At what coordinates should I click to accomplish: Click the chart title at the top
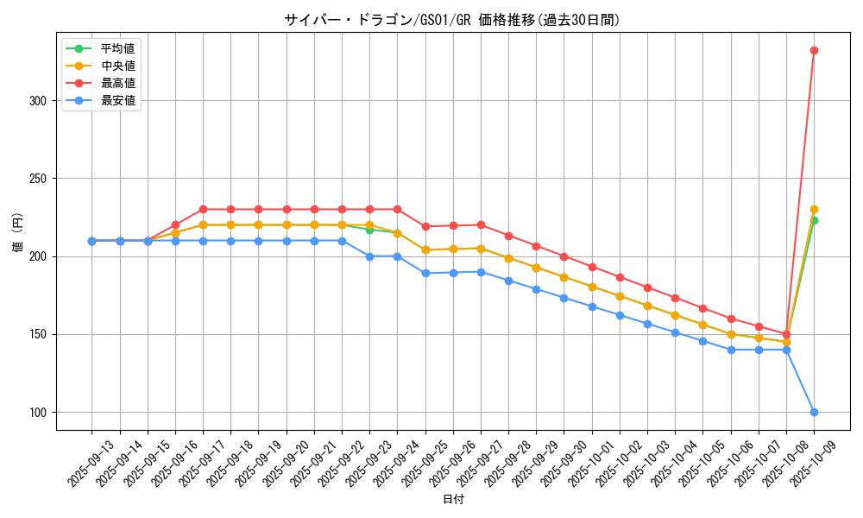pyautogui.click(x=452, y=20)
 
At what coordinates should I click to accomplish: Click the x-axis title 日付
pyautogui.click(x=453, y=500)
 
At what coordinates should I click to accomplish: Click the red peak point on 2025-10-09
pyautogui.click(x=814, y=50)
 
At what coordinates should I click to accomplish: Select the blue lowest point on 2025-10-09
pyautogui.click(x=814, y=412)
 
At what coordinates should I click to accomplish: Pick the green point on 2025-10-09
pyautogui.click(x=814, y=220)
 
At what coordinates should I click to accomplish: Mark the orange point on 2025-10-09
pyautogui.click(x=814, y=209)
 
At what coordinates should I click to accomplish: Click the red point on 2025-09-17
pyautogui.click(x=203, y=209)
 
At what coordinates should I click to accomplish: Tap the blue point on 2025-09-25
pyautogui.click(x=425, y=273)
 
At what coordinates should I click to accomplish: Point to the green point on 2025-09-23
pyautogui.click(x=369, y=230)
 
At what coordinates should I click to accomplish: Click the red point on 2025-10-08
pyautogui.click(x=786, y=334)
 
